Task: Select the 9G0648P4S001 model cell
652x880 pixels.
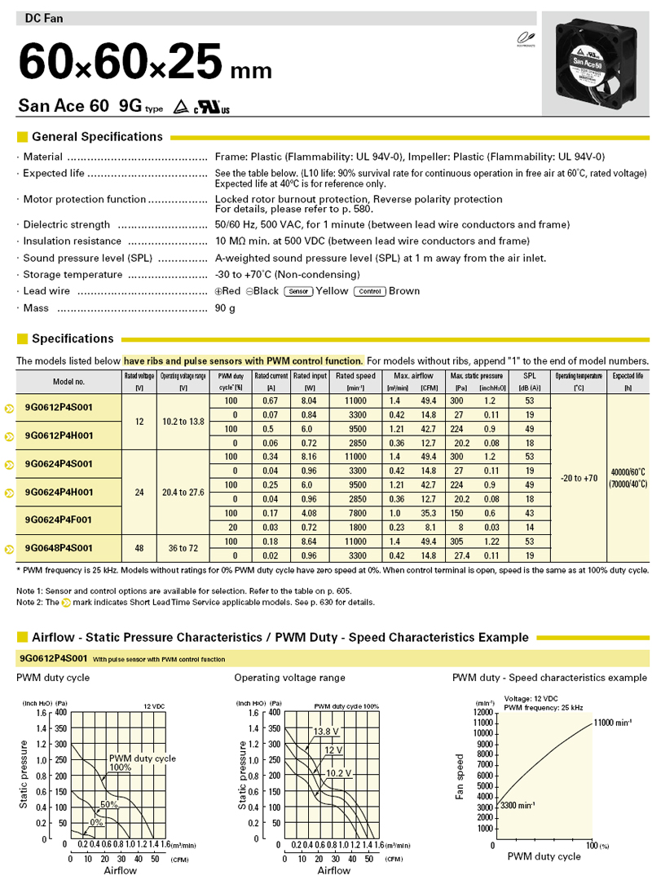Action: coord(59,547)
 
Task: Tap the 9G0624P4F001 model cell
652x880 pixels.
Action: coord(59,519)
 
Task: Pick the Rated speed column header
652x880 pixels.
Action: coord(360,381)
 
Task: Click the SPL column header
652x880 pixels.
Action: coord(530,381)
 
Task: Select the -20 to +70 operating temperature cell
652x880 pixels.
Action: coord(579,478)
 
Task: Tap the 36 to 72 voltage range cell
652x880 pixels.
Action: coord(183,547)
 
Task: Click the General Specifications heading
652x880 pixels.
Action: coord(97,137)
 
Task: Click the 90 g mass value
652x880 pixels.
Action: coord(225,308)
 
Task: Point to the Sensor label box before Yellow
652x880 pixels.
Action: coord(298,291)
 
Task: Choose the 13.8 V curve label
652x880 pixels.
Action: coord(326,731)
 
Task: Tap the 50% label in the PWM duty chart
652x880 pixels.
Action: coord(109,804)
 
